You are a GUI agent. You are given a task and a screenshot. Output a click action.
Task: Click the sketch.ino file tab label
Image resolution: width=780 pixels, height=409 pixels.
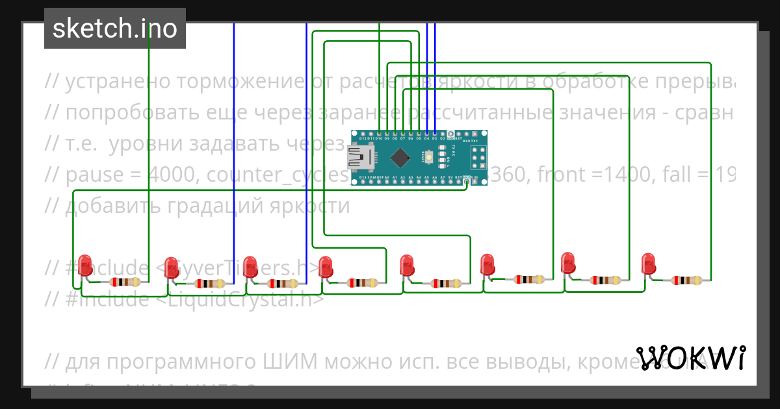114,29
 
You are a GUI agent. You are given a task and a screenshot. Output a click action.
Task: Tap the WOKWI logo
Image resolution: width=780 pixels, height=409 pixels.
690,358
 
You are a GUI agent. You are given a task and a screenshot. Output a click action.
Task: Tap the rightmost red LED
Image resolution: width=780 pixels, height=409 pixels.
648,264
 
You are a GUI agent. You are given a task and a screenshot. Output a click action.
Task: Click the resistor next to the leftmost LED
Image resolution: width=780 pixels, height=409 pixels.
124,282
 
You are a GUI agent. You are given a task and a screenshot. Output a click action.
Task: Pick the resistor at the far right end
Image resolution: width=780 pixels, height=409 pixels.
687,280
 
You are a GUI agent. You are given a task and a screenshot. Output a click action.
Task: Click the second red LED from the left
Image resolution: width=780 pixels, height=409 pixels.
171,267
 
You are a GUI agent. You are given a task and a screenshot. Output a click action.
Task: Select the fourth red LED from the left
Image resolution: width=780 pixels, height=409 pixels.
326,266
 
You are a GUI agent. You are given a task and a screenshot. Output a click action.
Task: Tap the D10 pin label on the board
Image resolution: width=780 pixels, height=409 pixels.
378,138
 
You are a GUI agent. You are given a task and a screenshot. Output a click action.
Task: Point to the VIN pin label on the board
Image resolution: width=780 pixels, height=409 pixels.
474,177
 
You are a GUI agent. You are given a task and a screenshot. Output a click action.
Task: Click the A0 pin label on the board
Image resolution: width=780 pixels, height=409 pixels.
395,177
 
